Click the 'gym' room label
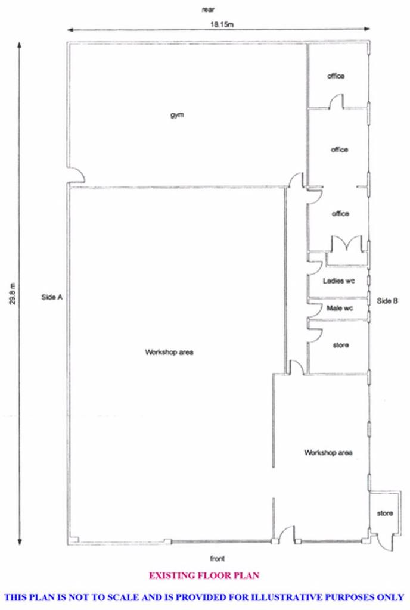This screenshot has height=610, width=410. click(177, 115)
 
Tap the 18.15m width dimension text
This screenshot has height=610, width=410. click(222, 24)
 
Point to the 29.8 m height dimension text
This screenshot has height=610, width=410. click(13, 293)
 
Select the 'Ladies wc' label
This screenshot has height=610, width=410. click(338, 281)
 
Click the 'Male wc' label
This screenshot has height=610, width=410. click(340, 308)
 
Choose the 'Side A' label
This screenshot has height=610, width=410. click(52, 297)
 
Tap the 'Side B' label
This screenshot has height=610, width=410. click(387, 301)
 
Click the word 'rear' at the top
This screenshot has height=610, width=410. click(208, 10)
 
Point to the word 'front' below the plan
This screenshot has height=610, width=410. click(217, 559)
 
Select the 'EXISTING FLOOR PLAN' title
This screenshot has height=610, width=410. click(204, 576)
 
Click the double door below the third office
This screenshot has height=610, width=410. click(347, 244)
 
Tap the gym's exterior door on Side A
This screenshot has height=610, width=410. click(76, 175)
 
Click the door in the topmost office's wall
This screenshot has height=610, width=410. click(337, 101)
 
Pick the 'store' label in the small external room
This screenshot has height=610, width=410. click(385, 513)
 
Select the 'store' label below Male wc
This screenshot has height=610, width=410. click(341, 345)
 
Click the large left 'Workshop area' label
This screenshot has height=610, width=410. click(169, 352)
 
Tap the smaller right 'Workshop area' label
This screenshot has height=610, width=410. click(328, 453)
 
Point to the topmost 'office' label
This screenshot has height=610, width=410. click(336, 76)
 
